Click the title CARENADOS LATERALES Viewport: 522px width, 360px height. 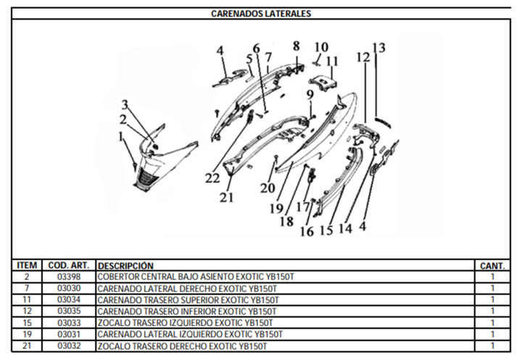(x=261, y=14)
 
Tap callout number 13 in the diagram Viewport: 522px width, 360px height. (x=379, y=48)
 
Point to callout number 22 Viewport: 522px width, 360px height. (x=212, y=179)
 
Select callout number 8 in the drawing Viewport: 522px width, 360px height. (x=297, y=46)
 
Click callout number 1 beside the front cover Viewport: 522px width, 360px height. (x=120, y=136)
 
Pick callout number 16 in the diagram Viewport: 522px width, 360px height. (x=307, y=232)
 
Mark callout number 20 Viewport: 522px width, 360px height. (x=268, y=188)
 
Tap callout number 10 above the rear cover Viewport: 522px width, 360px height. (x=321, y=47)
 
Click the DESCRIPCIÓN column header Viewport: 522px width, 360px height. (x=125, y=266)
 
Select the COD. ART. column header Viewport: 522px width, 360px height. (x=69, y=266)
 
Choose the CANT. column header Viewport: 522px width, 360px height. (x=492, y=266)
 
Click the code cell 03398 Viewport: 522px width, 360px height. (x=69, y=277)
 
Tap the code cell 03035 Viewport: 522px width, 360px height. (x=69, y=311)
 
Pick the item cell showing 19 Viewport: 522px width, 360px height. (x=27, y=334)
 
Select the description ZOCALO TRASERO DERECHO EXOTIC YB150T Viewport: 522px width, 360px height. (x=182, y=346)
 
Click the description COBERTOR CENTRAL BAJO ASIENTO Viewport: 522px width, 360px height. (x=166, y=277)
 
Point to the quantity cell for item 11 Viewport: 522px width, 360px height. (x=492, y=299)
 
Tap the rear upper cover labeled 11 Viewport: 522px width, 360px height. (x=323, y=82)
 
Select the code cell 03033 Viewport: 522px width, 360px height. (x=69, y=323)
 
